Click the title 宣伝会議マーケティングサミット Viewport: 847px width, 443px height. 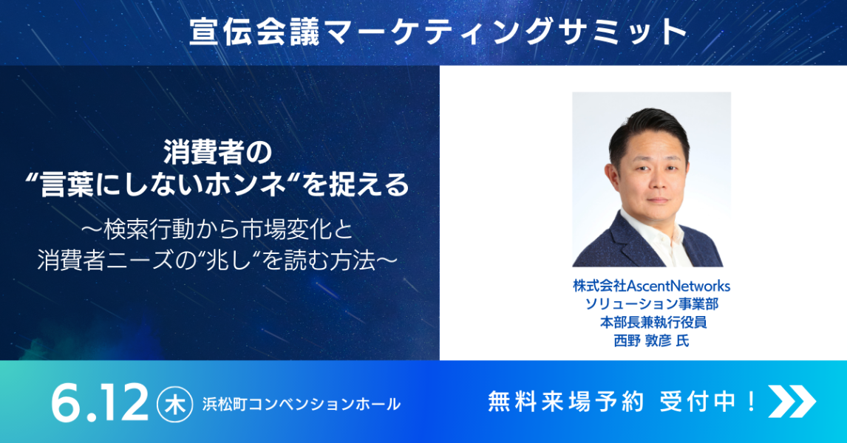pos(438,32)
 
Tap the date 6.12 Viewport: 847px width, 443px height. pos(100,402)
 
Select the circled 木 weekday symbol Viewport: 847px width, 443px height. pos(174,404)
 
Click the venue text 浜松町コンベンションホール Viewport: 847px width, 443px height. pos(302,404)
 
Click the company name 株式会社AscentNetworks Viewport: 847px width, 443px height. pos(651,286)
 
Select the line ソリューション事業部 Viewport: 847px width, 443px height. pos(651,303)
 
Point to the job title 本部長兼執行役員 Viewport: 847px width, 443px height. pos(653,322)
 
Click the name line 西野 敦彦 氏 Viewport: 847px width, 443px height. pos(651,340)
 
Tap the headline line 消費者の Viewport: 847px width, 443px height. pos(218,154)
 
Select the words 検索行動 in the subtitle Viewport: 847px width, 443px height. pos(136,230)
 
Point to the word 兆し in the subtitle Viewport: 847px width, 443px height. pos(222,261)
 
